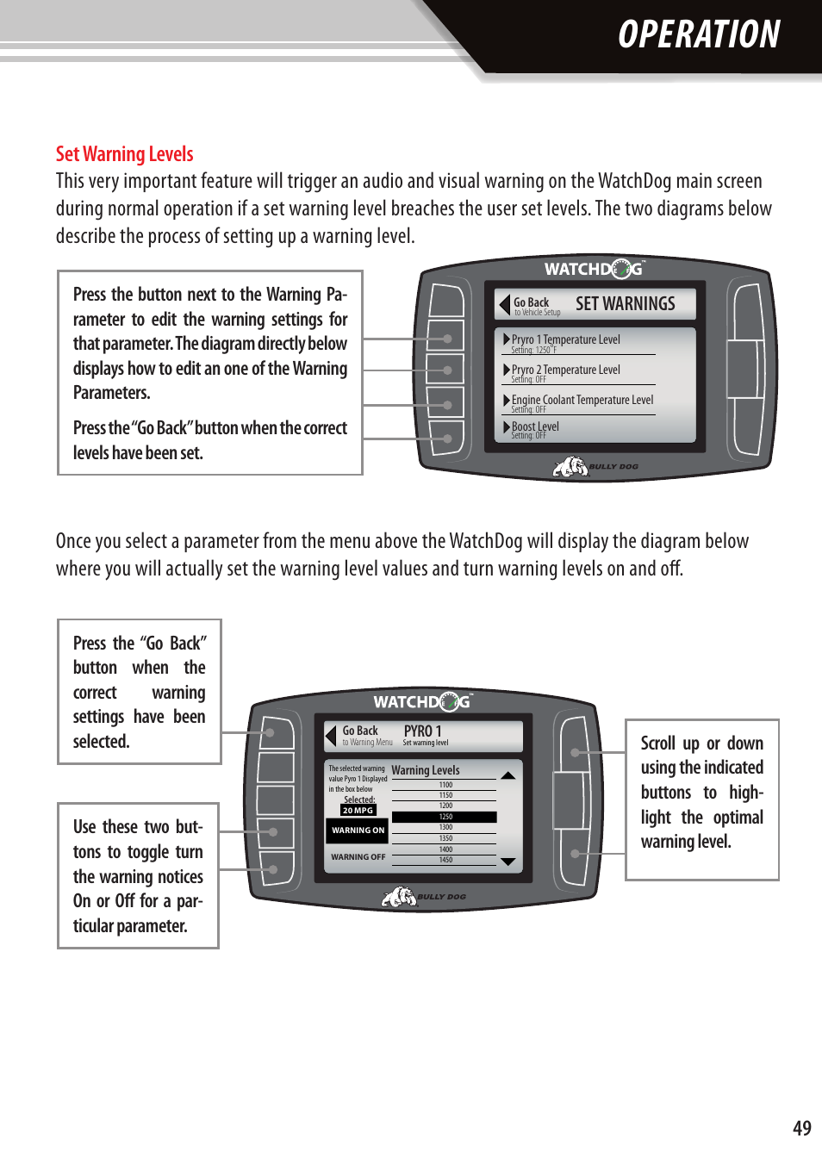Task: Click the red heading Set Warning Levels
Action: coord(124,154)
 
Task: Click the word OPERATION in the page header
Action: coord(698,35)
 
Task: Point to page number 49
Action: coord(801,1128)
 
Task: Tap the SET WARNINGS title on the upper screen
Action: coord(625,304)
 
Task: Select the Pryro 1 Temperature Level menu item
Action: coord(565,340)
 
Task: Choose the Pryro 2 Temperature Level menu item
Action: coord(565,370)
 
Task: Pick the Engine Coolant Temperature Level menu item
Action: coord(582,401)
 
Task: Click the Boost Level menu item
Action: coord(535,427)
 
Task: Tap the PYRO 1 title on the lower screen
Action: coord(422,731)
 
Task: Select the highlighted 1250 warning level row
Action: coord(445,817)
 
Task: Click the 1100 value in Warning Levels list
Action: coord(445,785)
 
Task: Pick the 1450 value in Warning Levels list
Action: coord(445,860)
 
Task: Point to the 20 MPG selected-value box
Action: coord(358,811)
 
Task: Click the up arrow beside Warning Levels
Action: coord(508,775)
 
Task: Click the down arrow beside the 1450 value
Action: coord(508,862)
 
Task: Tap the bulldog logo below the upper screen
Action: coord(570,467)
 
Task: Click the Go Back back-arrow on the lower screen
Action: coord(331,736)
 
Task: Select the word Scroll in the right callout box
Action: coord(657,743)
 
